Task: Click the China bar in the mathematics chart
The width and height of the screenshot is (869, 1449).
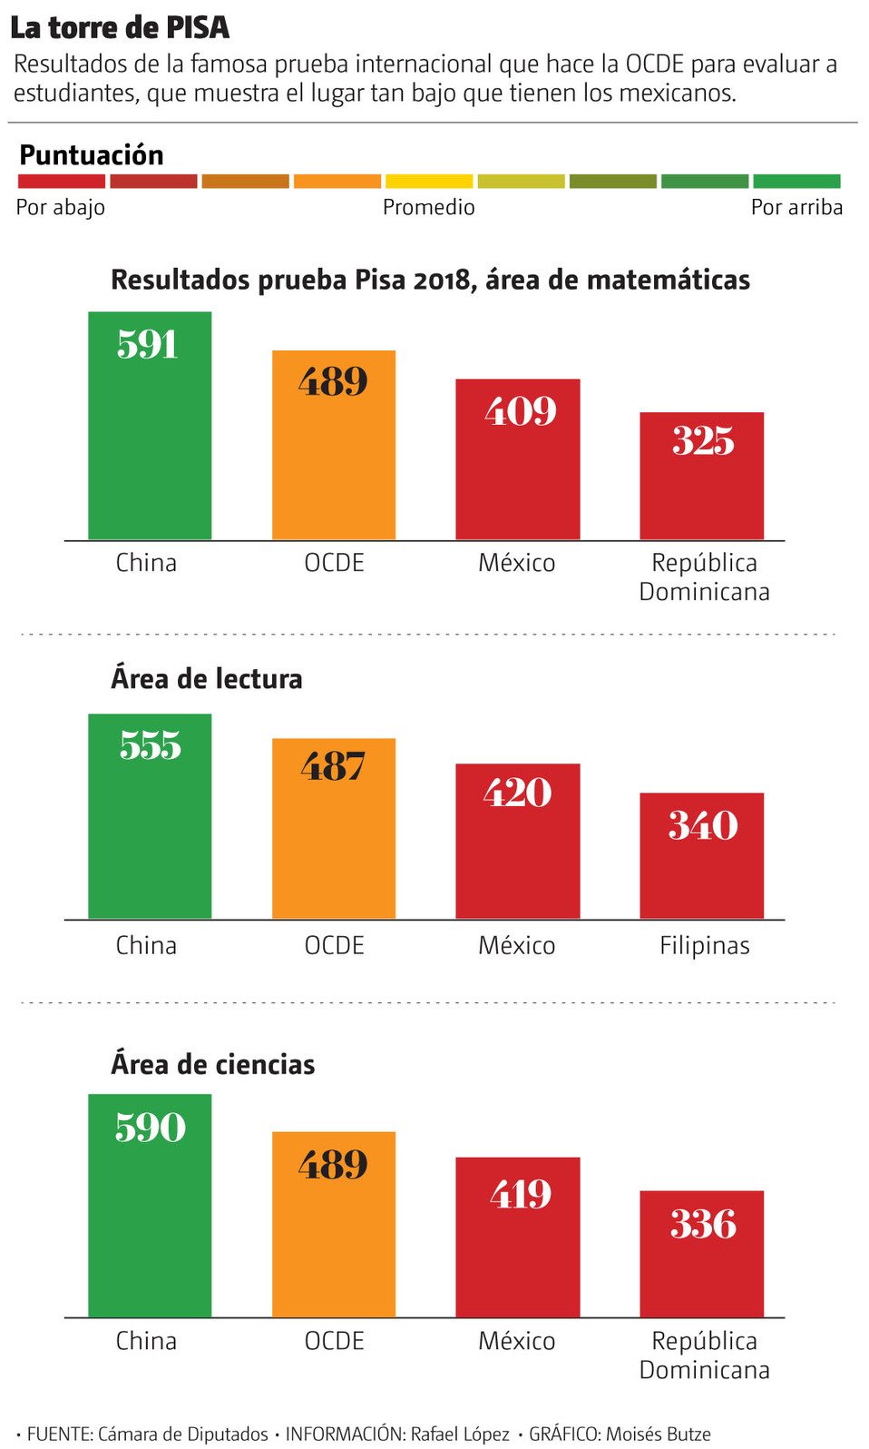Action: click(x=150, y=427)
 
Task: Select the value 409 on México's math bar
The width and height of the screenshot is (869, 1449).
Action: click(x=520, y=411)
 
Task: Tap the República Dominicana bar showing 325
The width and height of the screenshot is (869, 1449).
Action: click(x=701, y=477)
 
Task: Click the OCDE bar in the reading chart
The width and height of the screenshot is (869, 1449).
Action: click(x=334, y=828)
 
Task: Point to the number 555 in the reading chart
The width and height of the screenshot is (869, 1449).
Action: click(x=151, y=745)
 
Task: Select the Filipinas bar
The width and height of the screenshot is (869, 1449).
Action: click(x=701, y=855)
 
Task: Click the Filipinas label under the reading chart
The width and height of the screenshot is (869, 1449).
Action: click(x=704, y=946)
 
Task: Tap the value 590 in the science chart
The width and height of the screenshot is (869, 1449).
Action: click(x=151, y=1128)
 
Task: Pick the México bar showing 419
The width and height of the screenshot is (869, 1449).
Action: click(x=517, y=1237)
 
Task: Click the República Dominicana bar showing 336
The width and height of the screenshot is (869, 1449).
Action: click(x=701, y=1254)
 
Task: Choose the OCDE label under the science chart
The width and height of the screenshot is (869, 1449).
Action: click(x=334, y=1341)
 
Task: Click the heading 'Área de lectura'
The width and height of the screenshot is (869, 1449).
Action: click(x=207, y=678)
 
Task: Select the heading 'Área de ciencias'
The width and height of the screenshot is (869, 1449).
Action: click(x=213, y=1064)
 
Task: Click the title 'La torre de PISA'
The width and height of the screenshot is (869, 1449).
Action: click(x=120, y=27)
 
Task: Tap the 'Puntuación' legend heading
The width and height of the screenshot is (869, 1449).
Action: click(x=92, y=155)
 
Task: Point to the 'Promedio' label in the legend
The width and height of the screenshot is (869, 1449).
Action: click(x=428, y=207)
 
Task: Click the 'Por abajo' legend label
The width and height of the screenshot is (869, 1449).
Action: click(x=61, y=207)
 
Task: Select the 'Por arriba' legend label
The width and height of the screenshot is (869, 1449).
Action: click(x=796, y=207)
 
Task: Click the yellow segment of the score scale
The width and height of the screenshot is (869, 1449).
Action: click(x=429, y=182)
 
